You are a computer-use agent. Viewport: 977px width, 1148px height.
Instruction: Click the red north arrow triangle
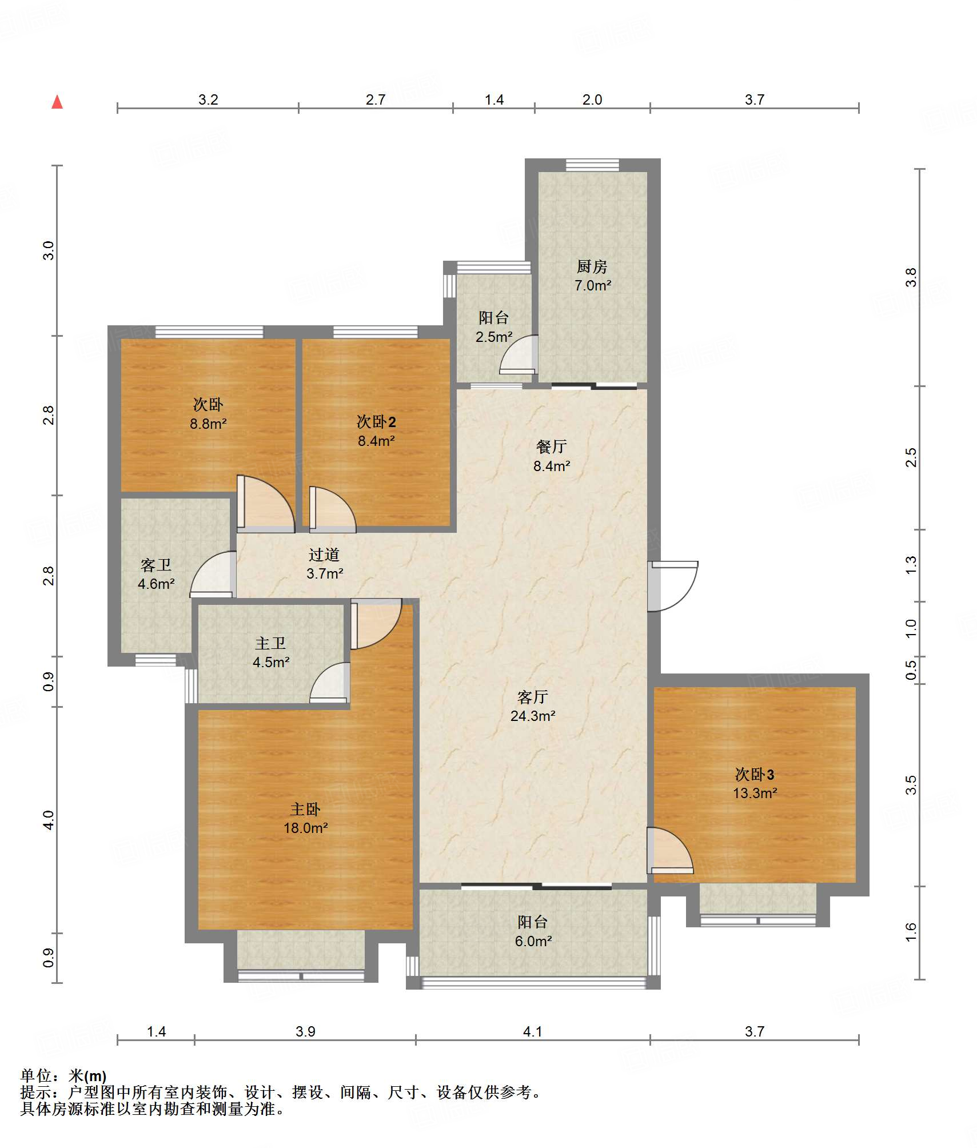point(57,102)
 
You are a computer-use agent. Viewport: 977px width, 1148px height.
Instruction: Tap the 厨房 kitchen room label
point(592,266)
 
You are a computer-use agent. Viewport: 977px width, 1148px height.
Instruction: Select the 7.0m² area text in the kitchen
point(593,285)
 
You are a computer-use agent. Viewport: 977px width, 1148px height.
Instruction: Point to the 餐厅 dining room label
point(552,447)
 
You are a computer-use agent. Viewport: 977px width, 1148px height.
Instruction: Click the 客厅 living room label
point(533,696)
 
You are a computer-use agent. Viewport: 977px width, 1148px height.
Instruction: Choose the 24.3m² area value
point(533,715)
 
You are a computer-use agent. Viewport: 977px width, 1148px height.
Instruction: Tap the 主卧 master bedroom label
point(305,809)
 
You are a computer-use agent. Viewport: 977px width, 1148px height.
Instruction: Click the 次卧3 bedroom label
point(755,774)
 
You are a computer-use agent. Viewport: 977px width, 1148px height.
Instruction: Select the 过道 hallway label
point(324,554)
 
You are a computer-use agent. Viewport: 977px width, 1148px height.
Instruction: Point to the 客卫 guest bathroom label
point(156,565)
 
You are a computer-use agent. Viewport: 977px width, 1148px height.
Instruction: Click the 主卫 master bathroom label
point(270,643)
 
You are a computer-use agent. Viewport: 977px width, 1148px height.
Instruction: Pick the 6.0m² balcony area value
point(533,940)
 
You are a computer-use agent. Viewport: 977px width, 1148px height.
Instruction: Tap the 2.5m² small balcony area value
point(494,337)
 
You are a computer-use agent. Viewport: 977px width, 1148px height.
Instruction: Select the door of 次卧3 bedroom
point(670,850)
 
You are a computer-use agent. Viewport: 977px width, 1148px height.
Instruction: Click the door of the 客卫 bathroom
point(213,574)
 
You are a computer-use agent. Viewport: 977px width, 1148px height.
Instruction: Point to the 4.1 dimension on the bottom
point(532,1031)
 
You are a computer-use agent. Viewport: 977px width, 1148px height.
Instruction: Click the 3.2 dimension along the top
point(208,99)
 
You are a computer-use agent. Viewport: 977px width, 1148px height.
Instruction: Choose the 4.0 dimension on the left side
point(49,820)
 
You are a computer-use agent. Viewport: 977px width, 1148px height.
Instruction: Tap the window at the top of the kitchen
point(592,165)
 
